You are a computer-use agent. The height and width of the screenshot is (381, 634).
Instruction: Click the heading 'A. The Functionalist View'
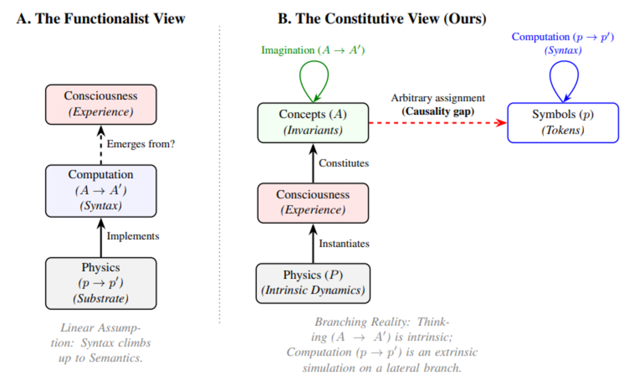[x=101, y=19]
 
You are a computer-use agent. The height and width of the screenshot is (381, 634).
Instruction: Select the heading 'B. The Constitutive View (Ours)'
[x=382, y=19]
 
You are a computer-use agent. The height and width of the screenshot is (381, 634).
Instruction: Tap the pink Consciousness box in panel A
[x=101, y=104]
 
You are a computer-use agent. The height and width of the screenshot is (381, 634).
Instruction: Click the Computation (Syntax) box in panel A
[x=101, y=191]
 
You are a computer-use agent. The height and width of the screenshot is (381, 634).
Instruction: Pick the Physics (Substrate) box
[x=101, y=283]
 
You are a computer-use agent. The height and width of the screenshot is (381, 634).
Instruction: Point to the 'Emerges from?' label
[x=141, y=144]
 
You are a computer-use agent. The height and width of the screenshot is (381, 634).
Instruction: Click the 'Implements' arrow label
[x=133, y=236]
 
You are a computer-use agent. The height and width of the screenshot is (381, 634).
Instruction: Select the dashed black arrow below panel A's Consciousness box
[x=101, y=145]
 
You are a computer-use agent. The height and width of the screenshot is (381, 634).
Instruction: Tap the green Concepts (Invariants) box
[x=313, y=123]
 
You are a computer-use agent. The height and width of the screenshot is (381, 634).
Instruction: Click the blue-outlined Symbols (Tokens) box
[x=563, y=123]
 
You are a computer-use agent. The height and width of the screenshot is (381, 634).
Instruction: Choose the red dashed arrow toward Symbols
[x=438, y=123]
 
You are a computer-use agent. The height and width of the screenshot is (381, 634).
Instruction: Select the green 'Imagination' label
[x=313, y=50]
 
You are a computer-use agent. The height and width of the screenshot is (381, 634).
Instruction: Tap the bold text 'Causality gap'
[x=438, y=111]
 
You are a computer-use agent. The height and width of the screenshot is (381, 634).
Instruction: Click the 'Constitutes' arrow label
[x=344, y=163]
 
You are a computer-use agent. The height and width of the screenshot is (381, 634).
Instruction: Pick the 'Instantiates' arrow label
[x=344, y=243]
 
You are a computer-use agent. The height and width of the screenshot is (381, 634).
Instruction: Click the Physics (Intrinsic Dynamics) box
[x=313, y=283]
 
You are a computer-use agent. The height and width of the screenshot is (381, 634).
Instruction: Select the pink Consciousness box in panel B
[x=313, y=203]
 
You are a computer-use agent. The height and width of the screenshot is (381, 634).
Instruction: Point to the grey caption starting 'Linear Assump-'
[x=101, y=343]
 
